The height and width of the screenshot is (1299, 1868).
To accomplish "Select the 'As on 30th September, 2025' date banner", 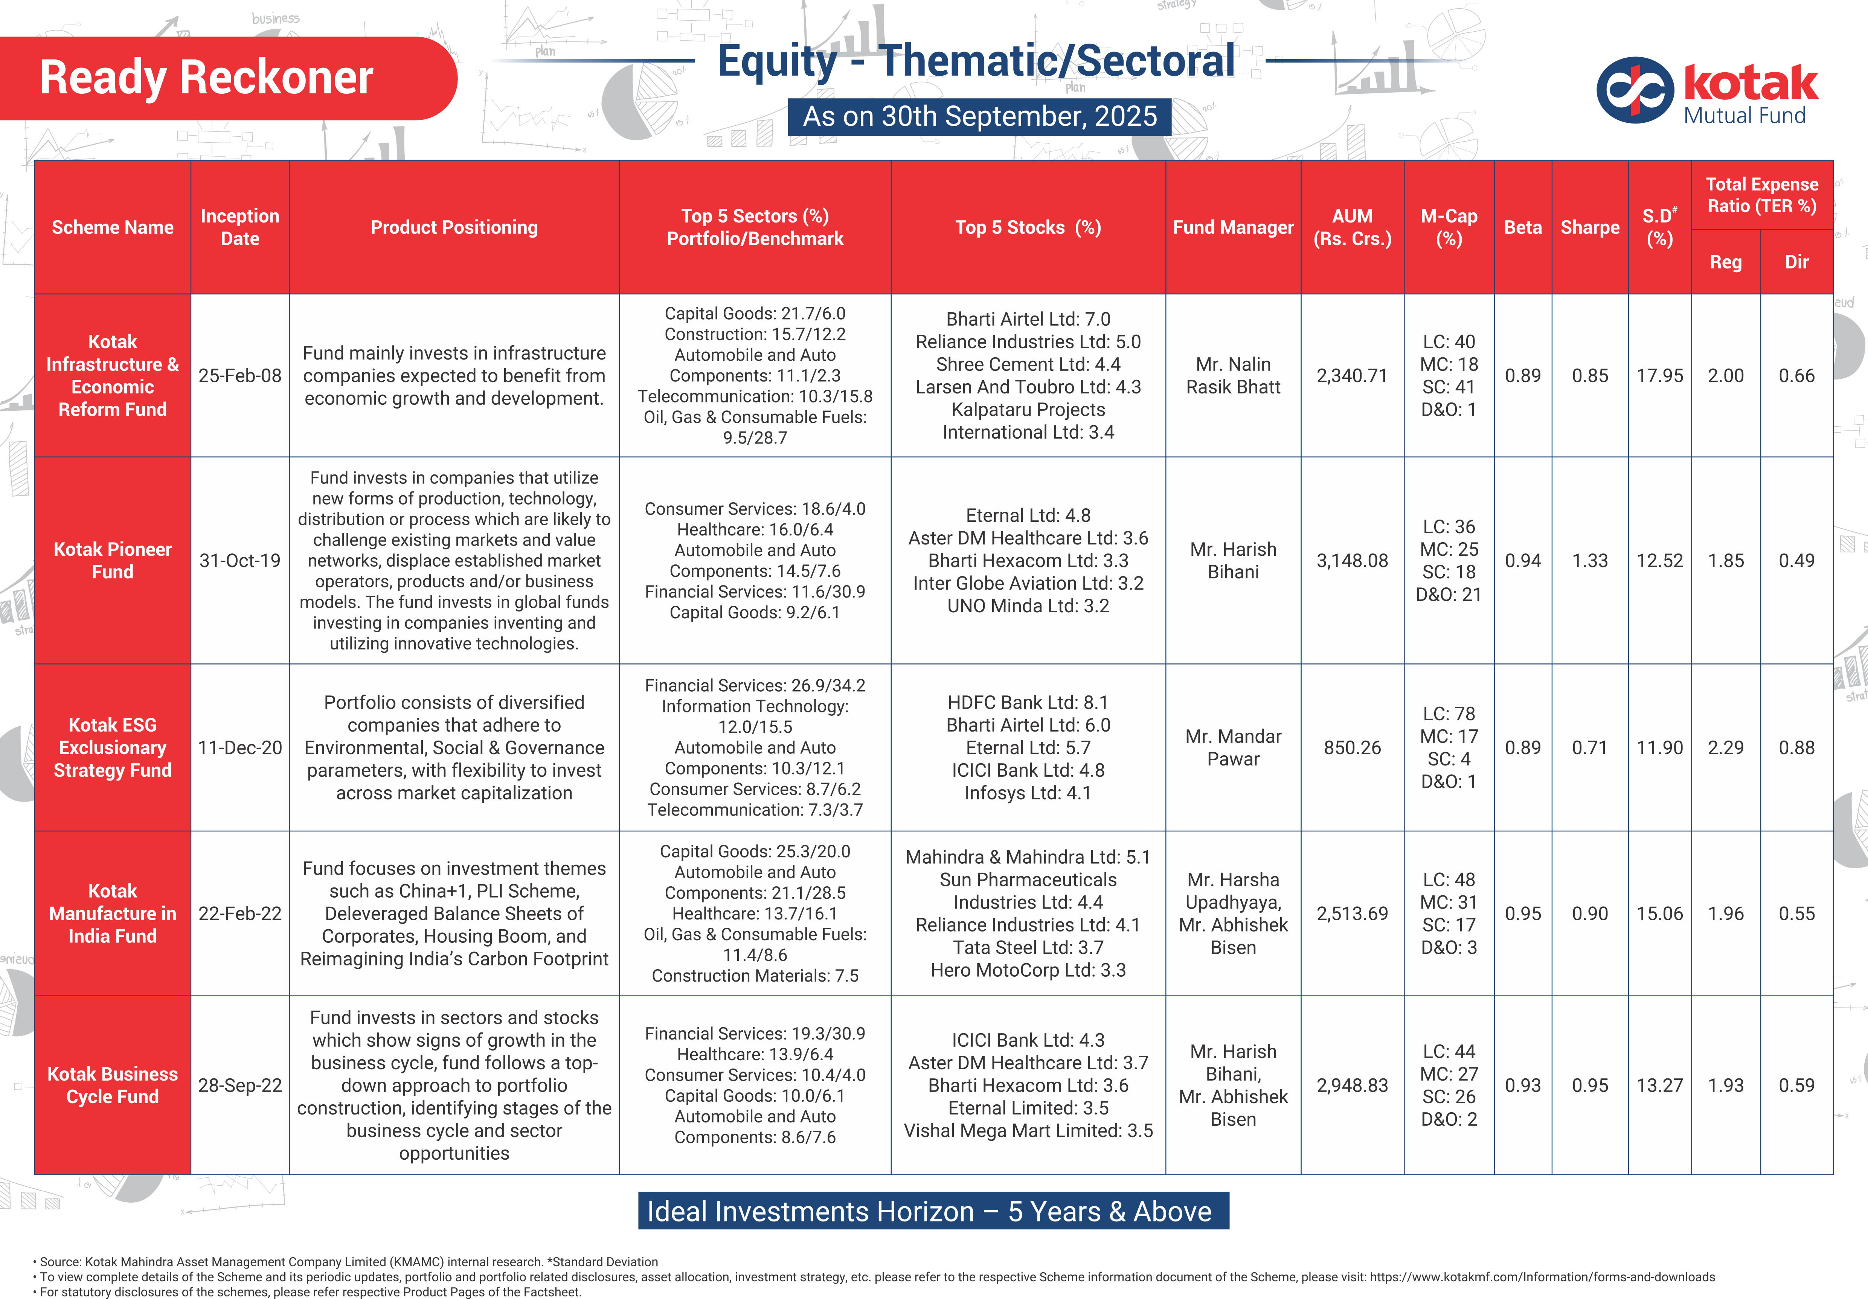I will (x=980, y=116).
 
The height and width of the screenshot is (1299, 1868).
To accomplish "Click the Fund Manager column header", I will (x=1232, y=228).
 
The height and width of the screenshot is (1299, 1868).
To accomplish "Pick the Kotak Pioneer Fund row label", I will (x=112, y=560).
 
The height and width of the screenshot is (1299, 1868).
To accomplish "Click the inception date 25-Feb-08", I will (x=240, y=376).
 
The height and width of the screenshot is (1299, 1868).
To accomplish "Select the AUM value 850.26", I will (x=1352, y=747).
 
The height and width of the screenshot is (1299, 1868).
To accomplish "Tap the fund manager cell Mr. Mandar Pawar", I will (x=1232, y=747).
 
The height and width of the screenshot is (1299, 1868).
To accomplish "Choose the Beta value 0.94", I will (x=1522, y=560).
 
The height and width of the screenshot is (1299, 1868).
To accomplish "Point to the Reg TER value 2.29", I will (x=1726, y=747).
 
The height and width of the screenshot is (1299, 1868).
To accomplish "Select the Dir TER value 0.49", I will (x=1796, y=560).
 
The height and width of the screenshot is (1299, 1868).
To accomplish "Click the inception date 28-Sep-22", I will (x=240, y=1085).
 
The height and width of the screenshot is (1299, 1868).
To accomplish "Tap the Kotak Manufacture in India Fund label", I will (x=112, y=913).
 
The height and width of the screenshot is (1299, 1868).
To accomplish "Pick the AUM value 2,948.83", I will (x=1352, y=1085).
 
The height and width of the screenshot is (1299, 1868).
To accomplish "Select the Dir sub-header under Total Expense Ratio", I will (x=1796, y=262).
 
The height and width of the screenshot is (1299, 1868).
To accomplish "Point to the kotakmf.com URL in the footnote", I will (x=1542, y=1277).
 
